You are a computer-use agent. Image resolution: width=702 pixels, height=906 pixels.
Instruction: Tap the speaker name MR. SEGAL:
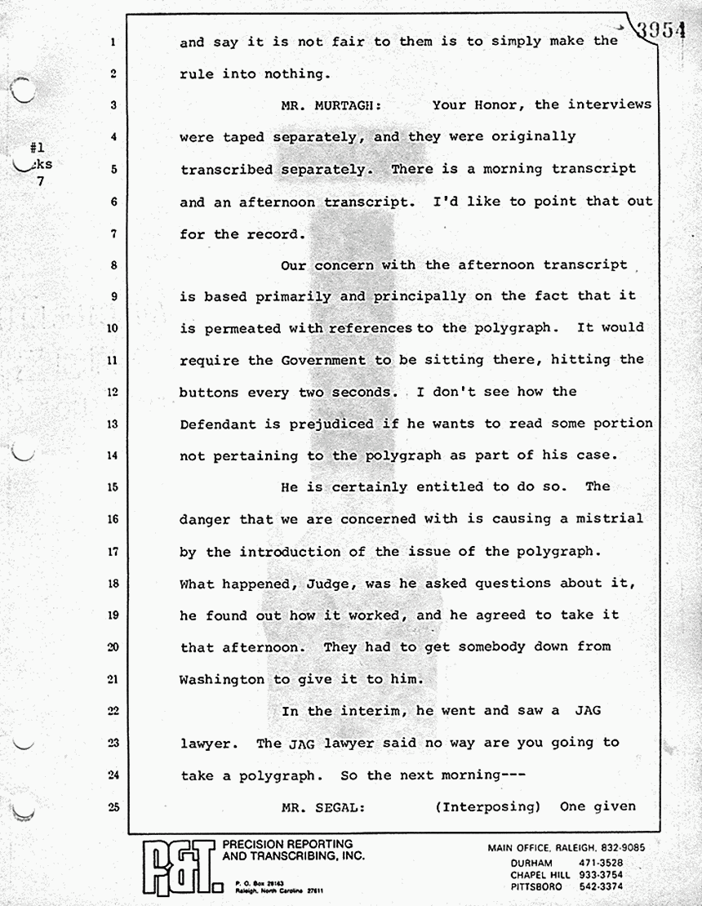click(318, 806)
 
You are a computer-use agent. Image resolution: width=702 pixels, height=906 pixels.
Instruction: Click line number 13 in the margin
click(113, 424)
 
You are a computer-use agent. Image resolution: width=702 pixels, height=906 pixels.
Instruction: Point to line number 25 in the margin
click(113, 807)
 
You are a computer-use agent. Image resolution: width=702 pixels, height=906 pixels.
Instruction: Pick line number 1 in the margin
click(113, 41)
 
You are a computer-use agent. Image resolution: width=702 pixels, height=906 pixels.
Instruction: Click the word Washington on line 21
click(222, 679)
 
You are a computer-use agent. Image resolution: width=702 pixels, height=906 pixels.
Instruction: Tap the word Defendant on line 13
click(218, 424)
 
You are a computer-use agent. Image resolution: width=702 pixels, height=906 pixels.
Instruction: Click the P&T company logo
click(179, 868)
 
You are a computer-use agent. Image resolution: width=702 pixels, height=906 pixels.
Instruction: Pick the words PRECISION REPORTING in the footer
click(287, 844)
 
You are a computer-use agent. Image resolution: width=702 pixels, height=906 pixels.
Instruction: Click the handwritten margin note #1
click(36, 149)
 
